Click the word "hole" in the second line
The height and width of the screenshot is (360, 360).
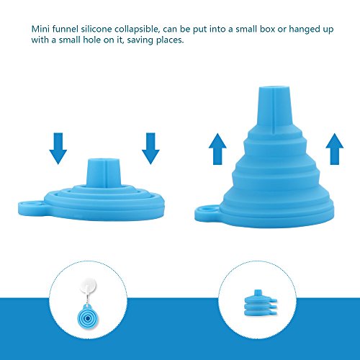coord(91,40)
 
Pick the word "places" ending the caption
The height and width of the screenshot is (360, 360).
coord(170,40)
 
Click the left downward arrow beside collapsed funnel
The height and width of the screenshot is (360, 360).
coord(58,148)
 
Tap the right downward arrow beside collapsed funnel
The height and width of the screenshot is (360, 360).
coord(150,148)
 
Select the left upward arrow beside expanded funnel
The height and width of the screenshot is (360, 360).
coord(217,149)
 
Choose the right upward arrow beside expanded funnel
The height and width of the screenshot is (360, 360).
coord(335,149)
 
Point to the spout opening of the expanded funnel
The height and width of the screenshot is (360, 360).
coord(274,89)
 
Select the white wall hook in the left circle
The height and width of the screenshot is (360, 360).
coord(89,287)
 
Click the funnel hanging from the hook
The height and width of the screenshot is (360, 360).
coord(88,317)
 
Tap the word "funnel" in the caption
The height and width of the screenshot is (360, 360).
coord(66,29)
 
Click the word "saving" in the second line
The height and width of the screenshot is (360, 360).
coord(140,40)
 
